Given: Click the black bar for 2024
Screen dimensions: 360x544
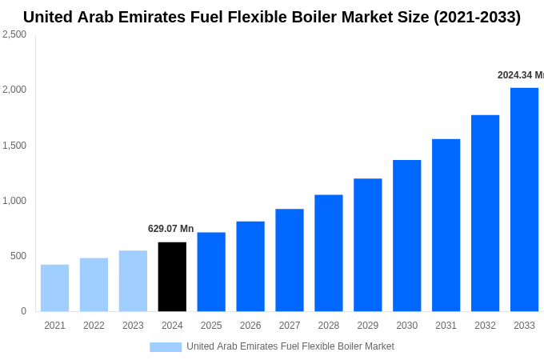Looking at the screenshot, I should pyautogui.click(x=172, y=277).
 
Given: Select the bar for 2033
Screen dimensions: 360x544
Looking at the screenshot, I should pyautogui.click(x=524, y=199).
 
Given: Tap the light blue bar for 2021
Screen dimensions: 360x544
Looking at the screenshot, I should pyautogui.click(x=54, y=288).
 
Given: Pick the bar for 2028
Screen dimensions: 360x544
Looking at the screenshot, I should pyautogui.click(x=328, y=253).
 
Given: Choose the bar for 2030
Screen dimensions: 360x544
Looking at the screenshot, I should pyautogui.click(x=406, y=235).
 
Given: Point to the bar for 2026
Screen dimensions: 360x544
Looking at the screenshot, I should pyautogui.click(x=250, y=266).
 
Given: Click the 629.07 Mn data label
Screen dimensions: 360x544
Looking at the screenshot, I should pyautogui.click(x=170, y=229).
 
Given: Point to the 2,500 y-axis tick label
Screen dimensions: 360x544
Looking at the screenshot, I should pyautogui.click(x=14, y=34).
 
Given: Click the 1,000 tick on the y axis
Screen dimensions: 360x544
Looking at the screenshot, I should pyautogui.click(x=14, y=201).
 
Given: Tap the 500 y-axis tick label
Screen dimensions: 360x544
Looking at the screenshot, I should pyautogui.click(x=18, y=256).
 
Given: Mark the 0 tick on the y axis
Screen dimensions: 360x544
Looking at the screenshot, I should pyautogui.click(x=23, y=311).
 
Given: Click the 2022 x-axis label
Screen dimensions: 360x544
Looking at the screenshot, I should pyautogui.click(x=94, y=326).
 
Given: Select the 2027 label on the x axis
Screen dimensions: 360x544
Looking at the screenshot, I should pyautogui.click(x=290, y=326).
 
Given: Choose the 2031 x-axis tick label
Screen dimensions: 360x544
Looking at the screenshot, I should pyautogui.click(x=446, y=326).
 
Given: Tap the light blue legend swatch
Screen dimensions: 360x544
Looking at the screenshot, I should pyautogui.click(x=166, y=346).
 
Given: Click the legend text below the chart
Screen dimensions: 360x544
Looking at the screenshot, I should pyautogui.click(x=290, y=346).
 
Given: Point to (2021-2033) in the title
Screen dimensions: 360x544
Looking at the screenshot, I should pyautogui.click(x=477, y=17).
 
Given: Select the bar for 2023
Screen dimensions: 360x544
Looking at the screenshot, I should pyautogui.click(x=133, y=281).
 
